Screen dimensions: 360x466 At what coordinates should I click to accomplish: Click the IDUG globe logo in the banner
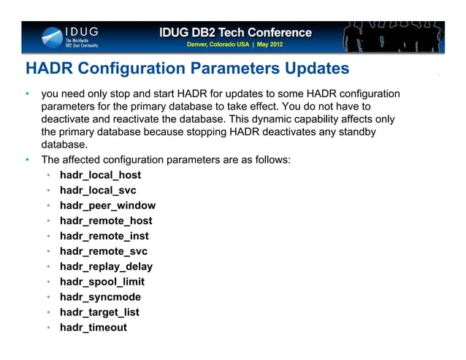53,37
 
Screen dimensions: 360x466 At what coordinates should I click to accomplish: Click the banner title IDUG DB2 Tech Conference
235,33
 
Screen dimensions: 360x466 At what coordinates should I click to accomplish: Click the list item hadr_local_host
100,175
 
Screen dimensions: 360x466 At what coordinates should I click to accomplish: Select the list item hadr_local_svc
98,191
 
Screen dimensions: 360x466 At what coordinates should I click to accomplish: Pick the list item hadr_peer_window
107,206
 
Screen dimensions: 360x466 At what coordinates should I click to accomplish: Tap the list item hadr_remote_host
106,221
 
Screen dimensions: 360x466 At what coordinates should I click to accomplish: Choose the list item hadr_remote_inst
104,236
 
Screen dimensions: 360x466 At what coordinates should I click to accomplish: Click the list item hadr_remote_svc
104,251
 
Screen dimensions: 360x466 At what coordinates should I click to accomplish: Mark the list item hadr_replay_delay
106,267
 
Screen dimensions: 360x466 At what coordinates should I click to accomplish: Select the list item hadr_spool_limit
102,282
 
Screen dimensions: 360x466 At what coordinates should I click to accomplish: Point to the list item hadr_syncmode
100,297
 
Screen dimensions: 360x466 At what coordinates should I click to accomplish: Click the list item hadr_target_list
99,313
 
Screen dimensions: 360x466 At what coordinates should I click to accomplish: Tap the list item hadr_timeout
93,327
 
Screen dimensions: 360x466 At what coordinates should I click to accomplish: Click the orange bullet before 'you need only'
26,94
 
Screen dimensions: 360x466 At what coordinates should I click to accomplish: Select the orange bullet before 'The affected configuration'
26,159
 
